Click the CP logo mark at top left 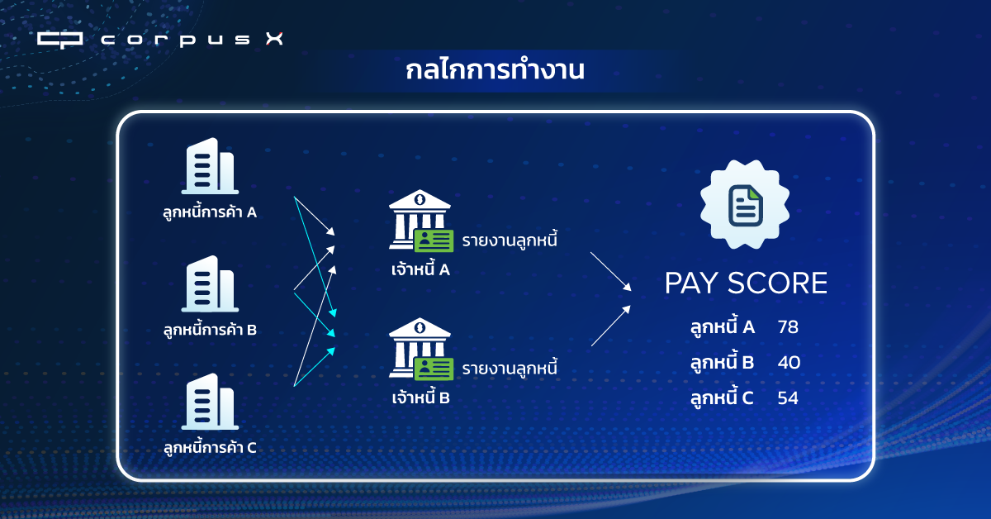[59, 40]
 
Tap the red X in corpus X [274, 39]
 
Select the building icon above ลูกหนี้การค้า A [210, 166]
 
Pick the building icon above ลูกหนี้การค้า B [210, 283]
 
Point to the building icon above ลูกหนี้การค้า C [210, 402]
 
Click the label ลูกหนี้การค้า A [210, 212]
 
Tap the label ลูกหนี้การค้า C [210, 448]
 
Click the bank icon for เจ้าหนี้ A [420, 221]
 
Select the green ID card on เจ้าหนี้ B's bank [434, 369]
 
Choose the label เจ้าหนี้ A [420, 269]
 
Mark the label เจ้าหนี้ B [420, 398]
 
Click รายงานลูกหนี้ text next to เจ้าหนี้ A [510, 240]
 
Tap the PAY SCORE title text [746, 283]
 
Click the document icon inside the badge [746, 206]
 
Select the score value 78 [788, 326]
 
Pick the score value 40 [789, 362]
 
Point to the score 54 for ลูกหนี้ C [788, 398]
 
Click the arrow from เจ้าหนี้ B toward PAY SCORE [611, 326]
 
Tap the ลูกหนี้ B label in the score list [722, 362]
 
